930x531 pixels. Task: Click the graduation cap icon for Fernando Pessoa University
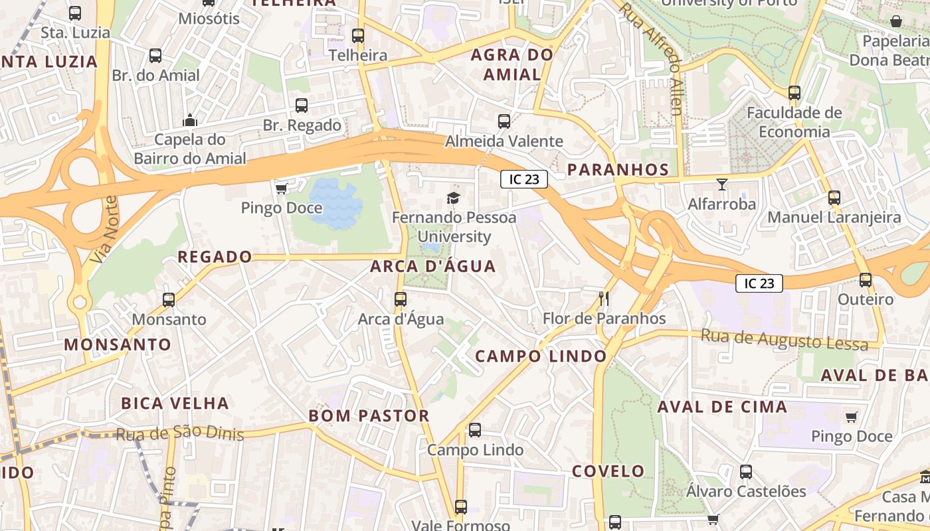[x=453, y=198]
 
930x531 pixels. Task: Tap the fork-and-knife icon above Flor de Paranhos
[x=603, y=299]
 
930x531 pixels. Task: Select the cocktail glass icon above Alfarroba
[x=722, y=185]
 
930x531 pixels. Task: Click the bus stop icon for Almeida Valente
[x=504, y=121]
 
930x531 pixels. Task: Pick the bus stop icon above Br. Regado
[x=302, y=106]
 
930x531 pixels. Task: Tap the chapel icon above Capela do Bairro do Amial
[x=190, y=120]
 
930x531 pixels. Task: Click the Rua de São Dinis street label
[x=180, y=434]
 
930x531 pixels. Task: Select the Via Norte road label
[x=105, y=229]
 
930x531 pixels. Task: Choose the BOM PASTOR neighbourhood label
[x=369, y=416]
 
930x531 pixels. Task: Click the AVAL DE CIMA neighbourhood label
[x=722, y=407]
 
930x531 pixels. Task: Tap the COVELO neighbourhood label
[x=608, y=471]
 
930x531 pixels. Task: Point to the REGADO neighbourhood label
[x=215, y=257]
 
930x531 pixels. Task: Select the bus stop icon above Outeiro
[x=865, y=280]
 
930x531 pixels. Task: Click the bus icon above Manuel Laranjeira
[x=834, y=198]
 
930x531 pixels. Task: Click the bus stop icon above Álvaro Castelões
[x=746, y=472]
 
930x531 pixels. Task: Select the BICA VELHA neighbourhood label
[x=175, y=404]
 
